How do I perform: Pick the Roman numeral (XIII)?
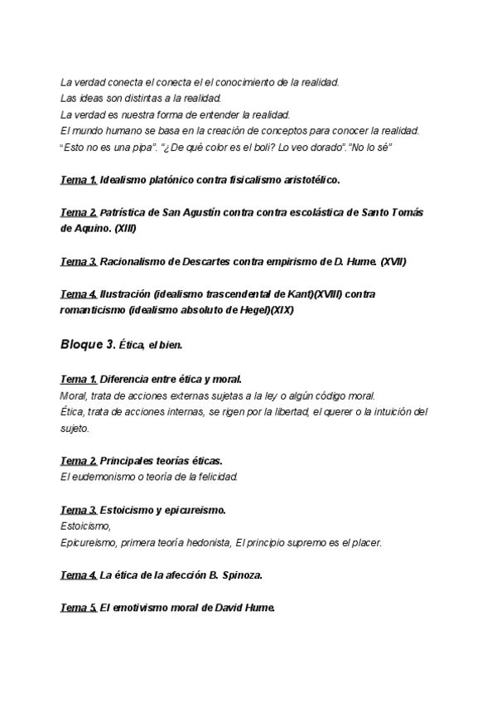(x=124, y=227)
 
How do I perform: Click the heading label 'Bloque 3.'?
(x=88, y=343)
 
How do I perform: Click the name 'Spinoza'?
(x=250, y=575)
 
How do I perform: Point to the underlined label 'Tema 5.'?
(x=79, y=608)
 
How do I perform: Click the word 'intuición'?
(x=388, y=411)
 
